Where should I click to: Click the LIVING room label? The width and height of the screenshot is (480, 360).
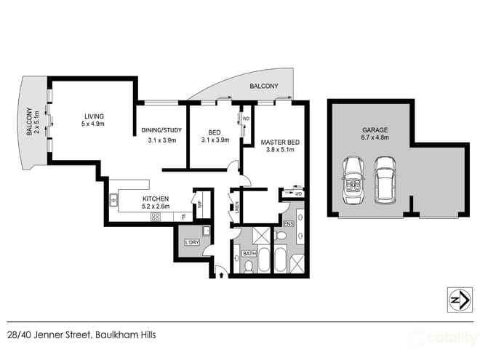94,116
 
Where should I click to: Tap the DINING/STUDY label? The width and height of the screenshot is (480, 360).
161,131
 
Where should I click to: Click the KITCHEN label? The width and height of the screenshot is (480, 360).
156,199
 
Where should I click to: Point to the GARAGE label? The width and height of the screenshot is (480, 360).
375,130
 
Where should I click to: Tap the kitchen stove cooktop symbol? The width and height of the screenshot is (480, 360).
156,217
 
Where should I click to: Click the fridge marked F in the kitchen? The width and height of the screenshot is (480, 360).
184,217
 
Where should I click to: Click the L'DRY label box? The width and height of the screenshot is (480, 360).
192,242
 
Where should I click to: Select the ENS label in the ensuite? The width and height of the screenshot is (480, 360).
288,222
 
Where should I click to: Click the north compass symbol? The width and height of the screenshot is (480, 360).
455,298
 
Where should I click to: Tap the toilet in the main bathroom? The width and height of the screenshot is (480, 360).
249,267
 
